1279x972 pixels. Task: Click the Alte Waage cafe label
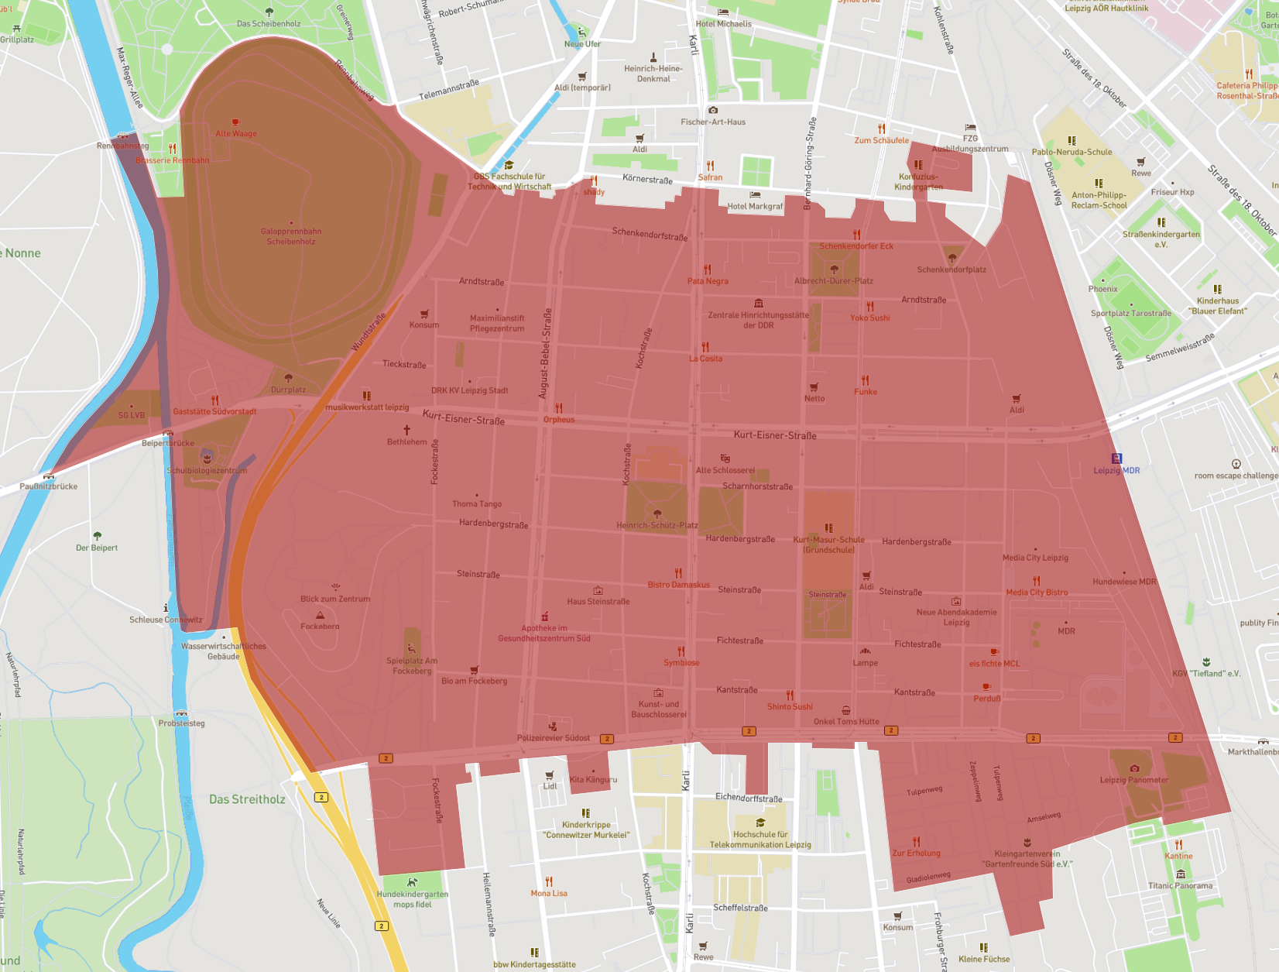coord(236,133)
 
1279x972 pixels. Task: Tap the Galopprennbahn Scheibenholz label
coord(291,236)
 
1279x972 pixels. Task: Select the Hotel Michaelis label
coord(723,24)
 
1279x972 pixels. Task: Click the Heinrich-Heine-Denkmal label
coord(653,74)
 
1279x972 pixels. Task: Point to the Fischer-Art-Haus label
coord(713,122)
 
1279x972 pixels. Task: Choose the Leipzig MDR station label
coord(1116,470)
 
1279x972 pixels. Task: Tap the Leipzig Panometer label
coord(1133,780)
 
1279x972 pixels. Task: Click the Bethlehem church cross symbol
coord(406,430)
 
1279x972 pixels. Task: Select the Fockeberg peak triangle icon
coord(321,615)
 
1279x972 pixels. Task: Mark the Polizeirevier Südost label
coord(553,737)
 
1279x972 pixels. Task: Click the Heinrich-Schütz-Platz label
coord(657,525)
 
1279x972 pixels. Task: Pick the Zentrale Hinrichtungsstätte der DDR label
coord(758,320)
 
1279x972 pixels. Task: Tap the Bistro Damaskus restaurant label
coord(678,585)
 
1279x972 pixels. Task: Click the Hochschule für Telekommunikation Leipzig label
coord(760,840)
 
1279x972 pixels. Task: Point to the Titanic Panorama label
coord(1180,885)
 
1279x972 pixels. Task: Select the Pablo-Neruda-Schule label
coord(1072,152)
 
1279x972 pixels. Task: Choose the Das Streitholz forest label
coord(247,799)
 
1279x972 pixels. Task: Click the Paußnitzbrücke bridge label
coord(49,486)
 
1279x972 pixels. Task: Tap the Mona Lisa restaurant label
coord(549,893)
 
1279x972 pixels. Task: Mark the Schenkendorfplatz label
coord(952,270)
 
